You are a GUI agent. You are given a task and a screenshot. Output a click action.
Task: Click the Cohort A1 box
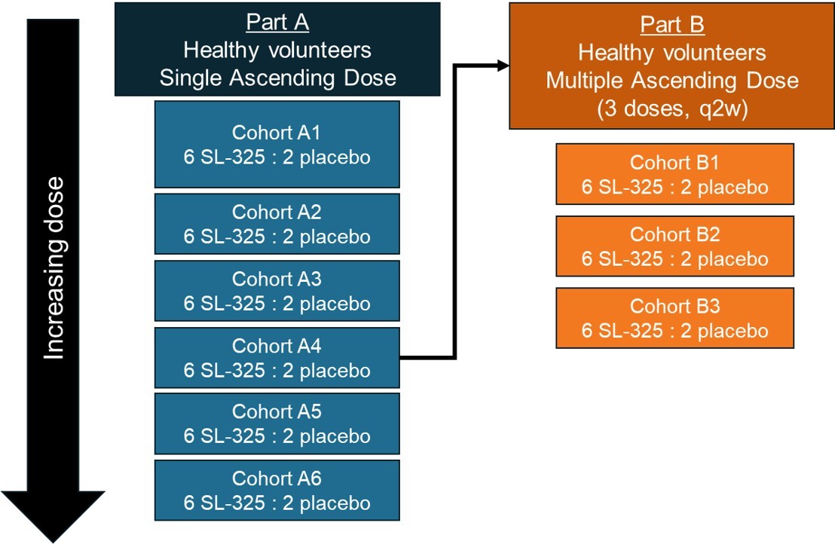277,145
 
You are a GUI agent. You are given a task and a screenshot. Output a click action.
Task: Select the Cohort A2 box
277,224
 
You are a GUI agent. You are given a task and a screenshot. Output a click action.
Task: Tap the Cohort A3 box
277,291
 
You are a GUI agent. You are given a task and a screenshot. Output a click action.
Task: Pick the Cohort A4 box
277,358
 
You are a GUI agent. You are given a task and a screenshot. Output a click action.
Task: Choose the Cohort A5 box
277,423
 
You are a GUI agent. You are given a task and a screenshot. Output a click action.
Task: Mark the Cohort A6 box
277,491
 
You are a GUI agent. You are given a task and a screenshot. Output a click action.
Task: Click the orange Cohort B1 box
674,175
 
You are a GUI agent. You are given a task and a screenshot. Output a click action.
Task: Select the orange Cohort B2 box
674,246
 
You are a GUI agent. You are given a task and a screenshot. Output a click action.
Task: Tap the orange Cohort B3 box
674,318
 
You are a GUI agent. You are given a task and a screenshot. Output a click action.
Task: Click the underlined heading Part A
277,23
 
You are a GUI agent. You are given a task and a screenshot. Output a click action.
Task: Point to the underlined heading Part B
672,25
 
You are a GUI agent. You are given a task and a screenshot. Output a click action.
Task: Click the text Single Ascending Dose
277,78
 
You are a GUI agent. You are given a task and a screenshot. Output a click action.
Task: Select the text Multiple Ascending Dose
672,80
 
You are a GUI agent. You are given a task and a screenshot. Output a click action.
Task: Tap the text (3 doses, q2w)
672,106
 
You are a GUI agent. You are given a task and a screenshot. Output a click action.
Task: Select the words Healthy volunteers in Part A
277,50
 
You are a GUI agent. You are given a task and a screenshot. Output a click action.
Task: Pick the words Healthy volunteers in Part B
672,53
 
